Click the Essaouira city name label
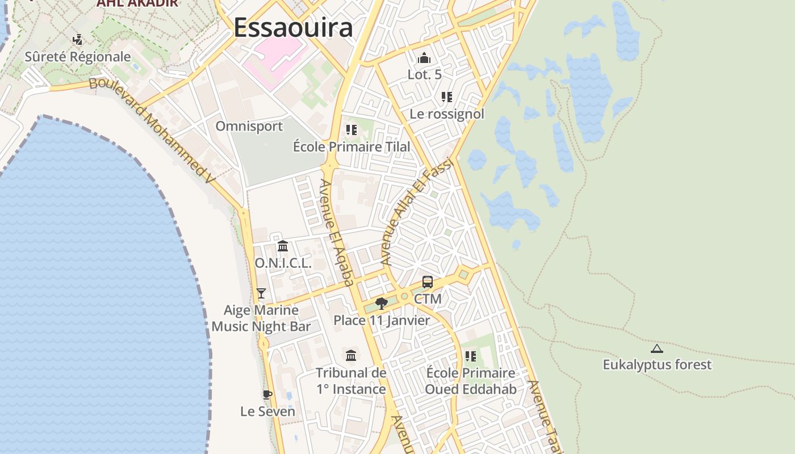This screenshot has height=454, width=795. point(293,27)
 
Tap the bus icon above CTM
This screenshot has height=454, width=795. point(428,282)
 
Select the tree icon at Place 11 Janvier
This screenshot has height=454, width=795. point(382,304)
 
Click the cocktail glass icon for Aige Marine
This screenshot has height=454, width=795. point(261,293)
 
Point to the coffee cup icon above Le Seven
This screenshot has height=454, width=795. point(267,394)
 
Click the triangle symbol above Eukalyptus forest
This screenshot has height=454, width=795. point(657,348)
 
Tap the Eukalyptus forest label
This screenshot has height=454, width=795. point(657,364)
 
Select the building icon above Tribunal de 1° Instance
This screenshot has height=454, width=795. point(351,356)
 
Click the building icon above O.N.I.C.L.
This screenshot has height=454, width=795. point(283,246)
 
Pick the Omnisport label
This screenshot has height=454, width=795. point(249,126)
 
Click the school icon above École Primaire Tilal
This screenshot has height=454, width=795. point(352,130)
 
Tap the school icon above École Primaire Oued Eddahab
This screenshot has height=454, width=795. point(470,356)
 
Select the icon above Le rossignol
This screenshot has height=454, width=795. point(447,97)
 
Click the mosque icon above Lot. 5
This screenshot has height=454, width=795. point(424,58)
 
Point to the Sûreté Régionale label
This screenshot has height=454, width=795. point(78,57)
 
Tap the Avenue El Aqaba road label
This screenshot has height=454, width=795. point(337,233)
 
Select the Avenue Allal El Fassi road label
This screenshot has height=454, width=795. point(417,211)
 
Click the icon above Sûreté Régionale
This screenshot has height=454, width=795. point(78,40)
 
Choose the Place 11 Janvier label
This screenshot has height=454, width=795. point(382,320)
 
